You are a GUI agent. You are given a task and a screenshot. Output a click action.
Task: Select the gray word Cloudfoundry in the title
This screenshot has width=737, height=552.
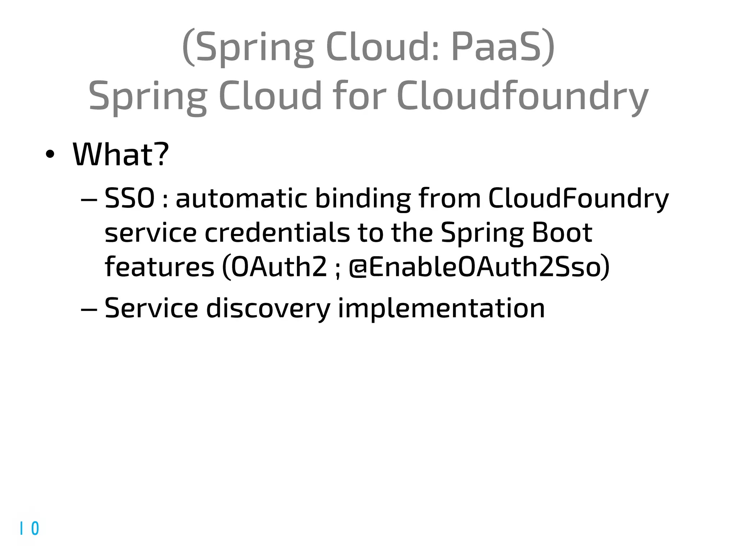(x=522, y=96)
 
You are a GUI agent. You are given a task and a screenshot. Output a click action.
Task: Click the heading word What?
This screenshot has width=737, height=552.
(x=121, y=155)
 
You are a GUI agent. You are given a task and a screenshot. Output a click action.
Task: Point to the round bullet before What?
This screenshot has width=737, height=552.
(x=50, y=155)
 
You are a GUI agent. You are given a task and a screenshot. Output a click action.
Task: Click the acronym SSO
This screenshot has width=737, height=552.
(x=130, y=198)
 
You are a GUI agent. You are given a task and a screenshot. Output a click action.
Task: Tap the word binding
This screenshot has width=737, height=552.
(x=363, y=198)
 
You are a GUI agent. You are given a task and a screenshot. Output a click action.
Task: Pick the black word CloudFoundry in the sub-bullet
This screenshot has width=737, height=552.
(x=578, y=198)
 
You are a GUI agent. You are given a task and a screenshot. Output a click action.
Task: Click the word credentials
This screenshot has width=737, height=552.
(x=277, y=233)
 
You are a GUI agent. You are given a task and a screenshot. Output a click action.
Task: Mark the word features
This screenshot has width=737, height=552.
(x=159, y=267)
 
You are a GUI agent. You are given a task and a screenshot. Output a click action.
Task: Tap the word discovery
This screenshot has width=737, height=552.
(x=268, y=308)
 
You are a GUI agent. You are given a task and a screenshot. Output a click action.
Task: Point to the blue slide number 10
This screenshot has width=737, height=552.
(x=30, y=528)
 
